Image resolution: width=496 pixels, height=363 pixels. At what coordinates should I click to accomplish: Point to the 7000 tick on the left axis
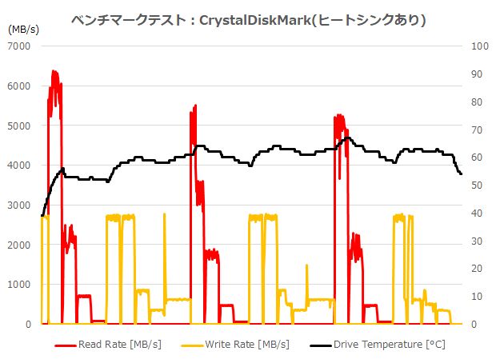[18, 46]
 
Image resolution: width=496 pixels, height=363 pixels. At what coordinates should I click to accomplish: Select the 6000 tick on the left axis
[18, 86]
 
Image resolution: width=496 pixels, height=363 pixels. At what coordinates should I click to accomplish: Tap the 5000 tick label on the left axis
[18, 126]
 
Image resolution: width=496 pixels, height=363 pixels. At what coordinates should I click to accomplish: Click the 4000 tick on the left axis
[18, 166]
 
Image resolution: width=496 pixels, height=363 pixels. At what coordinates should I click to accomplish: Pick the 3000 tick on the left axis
[18, 205]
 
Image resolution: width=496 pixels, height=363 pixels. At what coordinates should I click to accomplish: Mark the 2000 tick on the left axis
[18, 245]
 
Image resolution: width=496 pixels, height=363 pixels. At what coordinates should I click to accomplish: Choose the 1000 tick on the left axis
[18, 285]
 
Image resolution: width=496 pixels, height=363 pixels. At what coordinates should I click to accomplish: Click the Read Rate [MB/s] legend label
[119, 345]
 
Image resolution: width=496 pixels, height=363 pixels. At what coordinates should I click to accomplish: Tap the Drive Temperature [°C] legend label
[389, 345]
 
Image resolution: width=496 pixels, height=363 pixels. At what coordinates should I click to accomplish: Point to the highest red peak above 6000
[54, 71]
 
